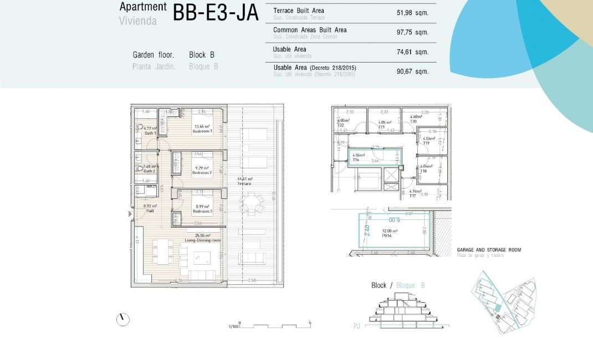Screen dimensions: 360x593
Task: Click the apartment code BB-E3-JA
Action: (x=216, y=13)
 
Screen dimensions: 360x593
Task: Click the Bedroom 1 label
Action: (x=202, y=131)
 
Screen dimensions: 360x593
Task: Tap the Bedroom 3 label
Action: (x=202, y=211)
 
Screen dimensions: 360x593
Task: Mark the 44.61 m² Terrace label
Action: (x=245, y=181)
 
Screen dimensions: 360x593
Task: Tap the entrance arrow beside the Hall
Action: (x=130, y=213)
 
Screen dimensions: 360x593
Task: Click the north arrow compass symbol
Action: (x=122, y=319)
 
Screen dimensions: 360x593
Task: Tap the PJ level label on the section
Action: (x=357, y=327)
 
